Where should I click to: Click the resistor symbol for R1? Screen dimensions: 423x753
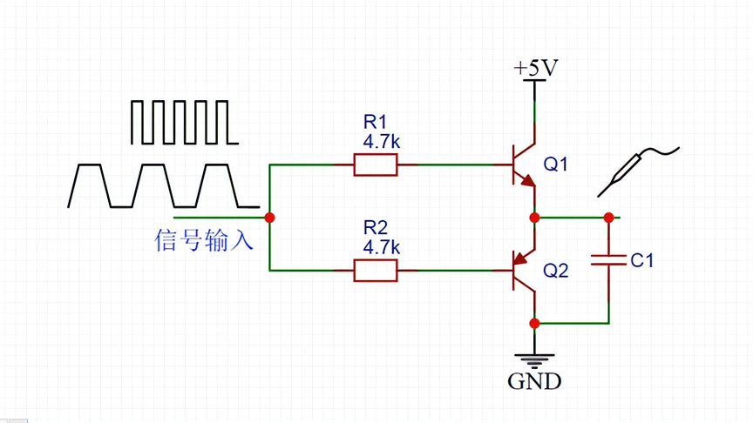[376, 164]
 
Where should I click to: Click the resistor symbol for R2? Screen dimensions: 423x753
[376, 272]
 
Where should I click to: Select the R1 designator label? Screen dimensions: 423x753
[374, 124]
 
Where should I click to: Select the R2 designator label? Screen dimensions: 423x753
[374, 228]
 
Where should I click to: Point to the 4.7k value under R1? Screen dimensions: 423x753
[381, 141]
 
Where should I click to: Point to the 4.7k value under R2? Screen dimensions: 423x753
[381, 246]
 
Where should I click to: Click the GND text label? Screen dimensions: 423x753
[534, 381]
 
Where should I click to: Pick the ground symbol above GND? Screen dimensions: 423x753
[534, 357]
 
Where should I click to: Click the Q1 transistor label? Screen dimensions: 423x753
[555, 164]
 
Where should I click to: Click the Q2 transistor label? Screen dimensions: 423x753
[555, 271]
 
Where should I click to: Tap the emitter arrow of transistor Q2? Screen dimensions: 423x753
[520, 258]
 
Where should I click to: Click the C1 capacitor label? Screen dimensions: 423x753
[641, 260]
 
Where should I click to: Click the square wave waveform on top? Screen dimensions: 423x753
[182, 123]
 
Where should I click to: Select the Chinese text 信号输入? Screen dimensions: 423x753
[204, 240]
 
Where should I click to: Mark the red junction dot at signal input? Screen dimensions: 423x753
[270, 217]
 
